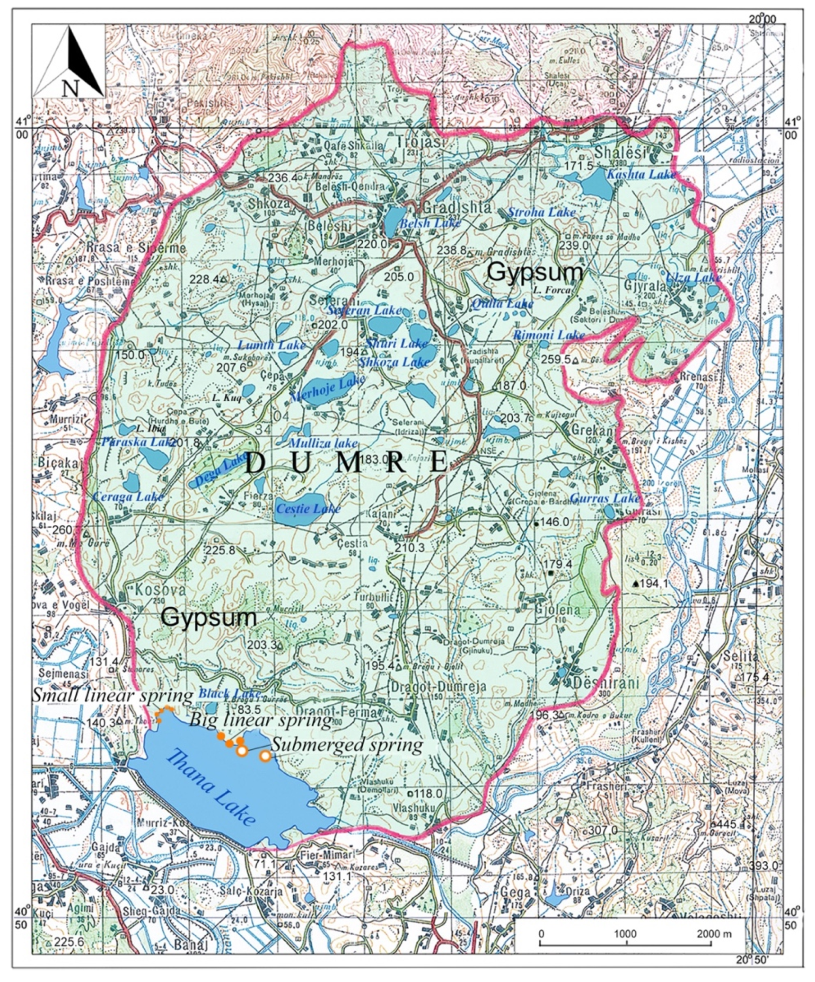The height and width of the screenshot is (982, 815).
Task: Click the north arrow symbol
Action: point(68,62)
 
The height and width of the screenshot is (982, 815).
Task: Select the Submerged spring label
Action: point(348,745)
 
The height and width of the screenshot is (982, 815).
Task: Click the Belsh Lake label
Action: point(429,222)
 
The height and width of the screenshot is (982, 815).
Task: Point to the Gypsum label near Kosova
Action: point(209,617)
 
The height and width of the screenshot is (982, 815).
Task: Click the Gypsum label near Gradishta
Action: point(535,272)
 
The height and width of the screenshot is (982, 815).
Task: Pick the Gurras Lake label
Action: point(605,498)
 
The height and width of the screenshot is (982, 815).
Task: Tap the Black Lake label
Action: point(223,693)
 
